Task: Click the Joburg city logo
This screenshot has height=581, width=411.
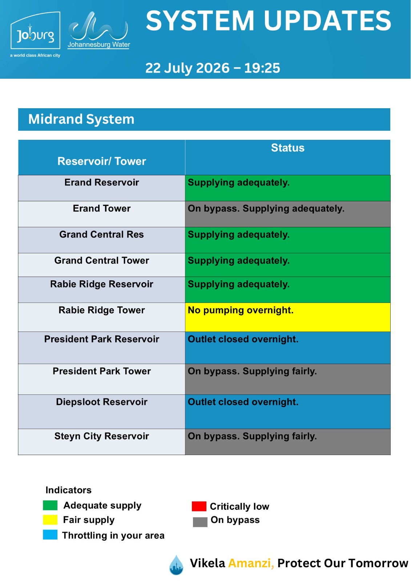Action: coord(35,34)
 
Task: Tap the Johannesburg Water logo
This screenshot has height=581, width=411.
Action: coord(98,30)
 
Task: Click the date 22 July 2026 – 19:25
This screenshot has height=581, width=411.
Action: coord(213,68)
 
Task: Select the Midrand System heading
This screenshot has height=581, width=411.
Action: coord(81,119)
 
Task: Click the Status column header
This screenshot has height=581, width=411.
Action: coord(288,148)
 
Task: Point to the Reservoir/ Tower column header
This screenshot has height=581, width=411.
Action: coord(101,161)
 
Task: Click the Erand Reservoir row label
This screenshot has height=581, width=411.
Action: coord(101,182)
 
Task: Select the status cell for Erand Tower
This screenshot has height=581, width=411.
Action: coord(288,214)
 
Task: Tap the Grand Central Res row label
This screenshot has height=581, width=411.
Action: coord(101,235)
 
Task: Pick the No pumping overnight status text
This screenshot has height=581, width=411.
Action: coord(241,310)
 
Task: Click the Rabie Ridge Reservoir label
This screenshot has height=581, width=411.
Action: coord(101,284)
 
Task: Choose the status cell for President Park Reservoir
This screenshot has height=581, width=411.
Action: coord(288,348)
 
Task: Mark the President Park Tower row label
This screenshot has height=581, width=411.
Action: coord(101,371)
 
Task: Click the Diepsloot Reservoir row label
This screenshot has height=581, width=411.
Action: coord(101,402)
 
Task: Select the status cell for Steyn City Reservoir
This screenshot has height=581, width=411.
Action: coord(288,442)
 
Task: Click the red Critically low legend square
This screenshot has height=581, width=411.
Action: coord(199,506)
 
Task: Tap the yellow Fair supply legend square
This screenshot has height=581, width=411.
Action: coord(50,520)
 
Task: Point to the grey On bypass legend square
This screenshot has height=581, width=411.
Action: coord(200,522)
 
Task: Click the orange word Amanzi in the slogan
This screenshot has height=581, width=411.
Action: coord(251,563)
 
